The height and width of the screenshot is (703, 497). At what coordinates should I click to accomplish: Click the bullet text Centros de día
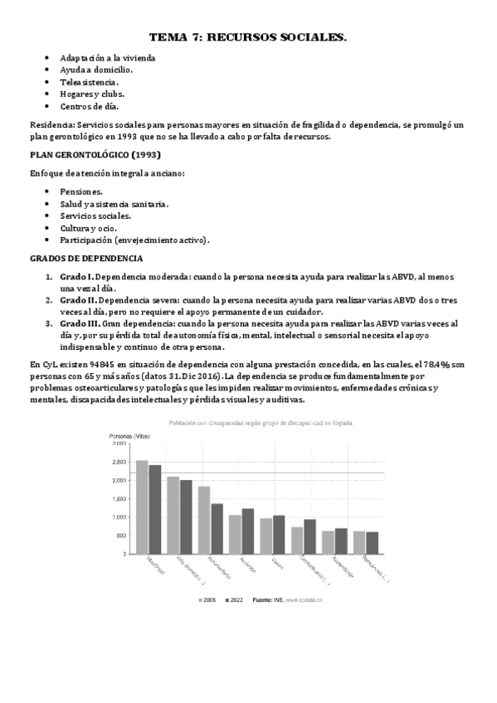90,106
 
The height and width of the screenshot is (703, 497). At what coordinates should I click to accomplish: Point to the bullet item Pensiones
81,191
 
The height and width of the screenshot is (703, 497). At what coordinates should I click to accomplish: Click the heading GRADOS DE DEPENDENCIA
87,258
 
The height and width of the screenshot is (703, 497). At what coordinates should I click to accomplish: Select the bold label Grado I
78,276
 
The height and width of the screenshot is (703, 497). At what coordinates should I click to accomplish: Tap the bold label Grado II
80,300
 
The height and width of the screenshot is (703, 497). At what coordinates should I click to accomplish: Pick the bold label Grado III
81,323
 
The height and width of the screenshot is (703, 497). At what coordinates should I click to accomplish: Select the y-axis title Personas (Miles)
132,434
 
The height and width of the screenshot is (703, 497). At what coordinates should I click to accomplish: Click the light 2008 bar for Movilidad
142,507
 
